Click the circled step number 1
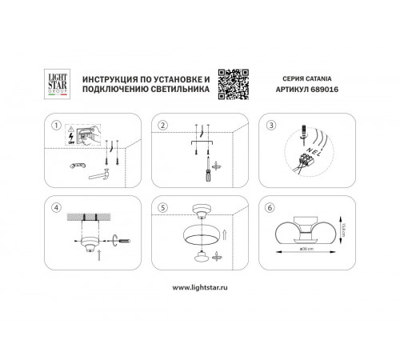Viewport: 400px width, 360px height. point(56,125)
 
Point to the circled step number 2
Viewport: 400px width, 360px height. point(163,125)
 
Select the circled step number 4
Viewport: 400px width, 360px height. point(56,206)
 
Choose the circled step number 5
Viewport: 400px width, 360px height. point(163,206)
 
